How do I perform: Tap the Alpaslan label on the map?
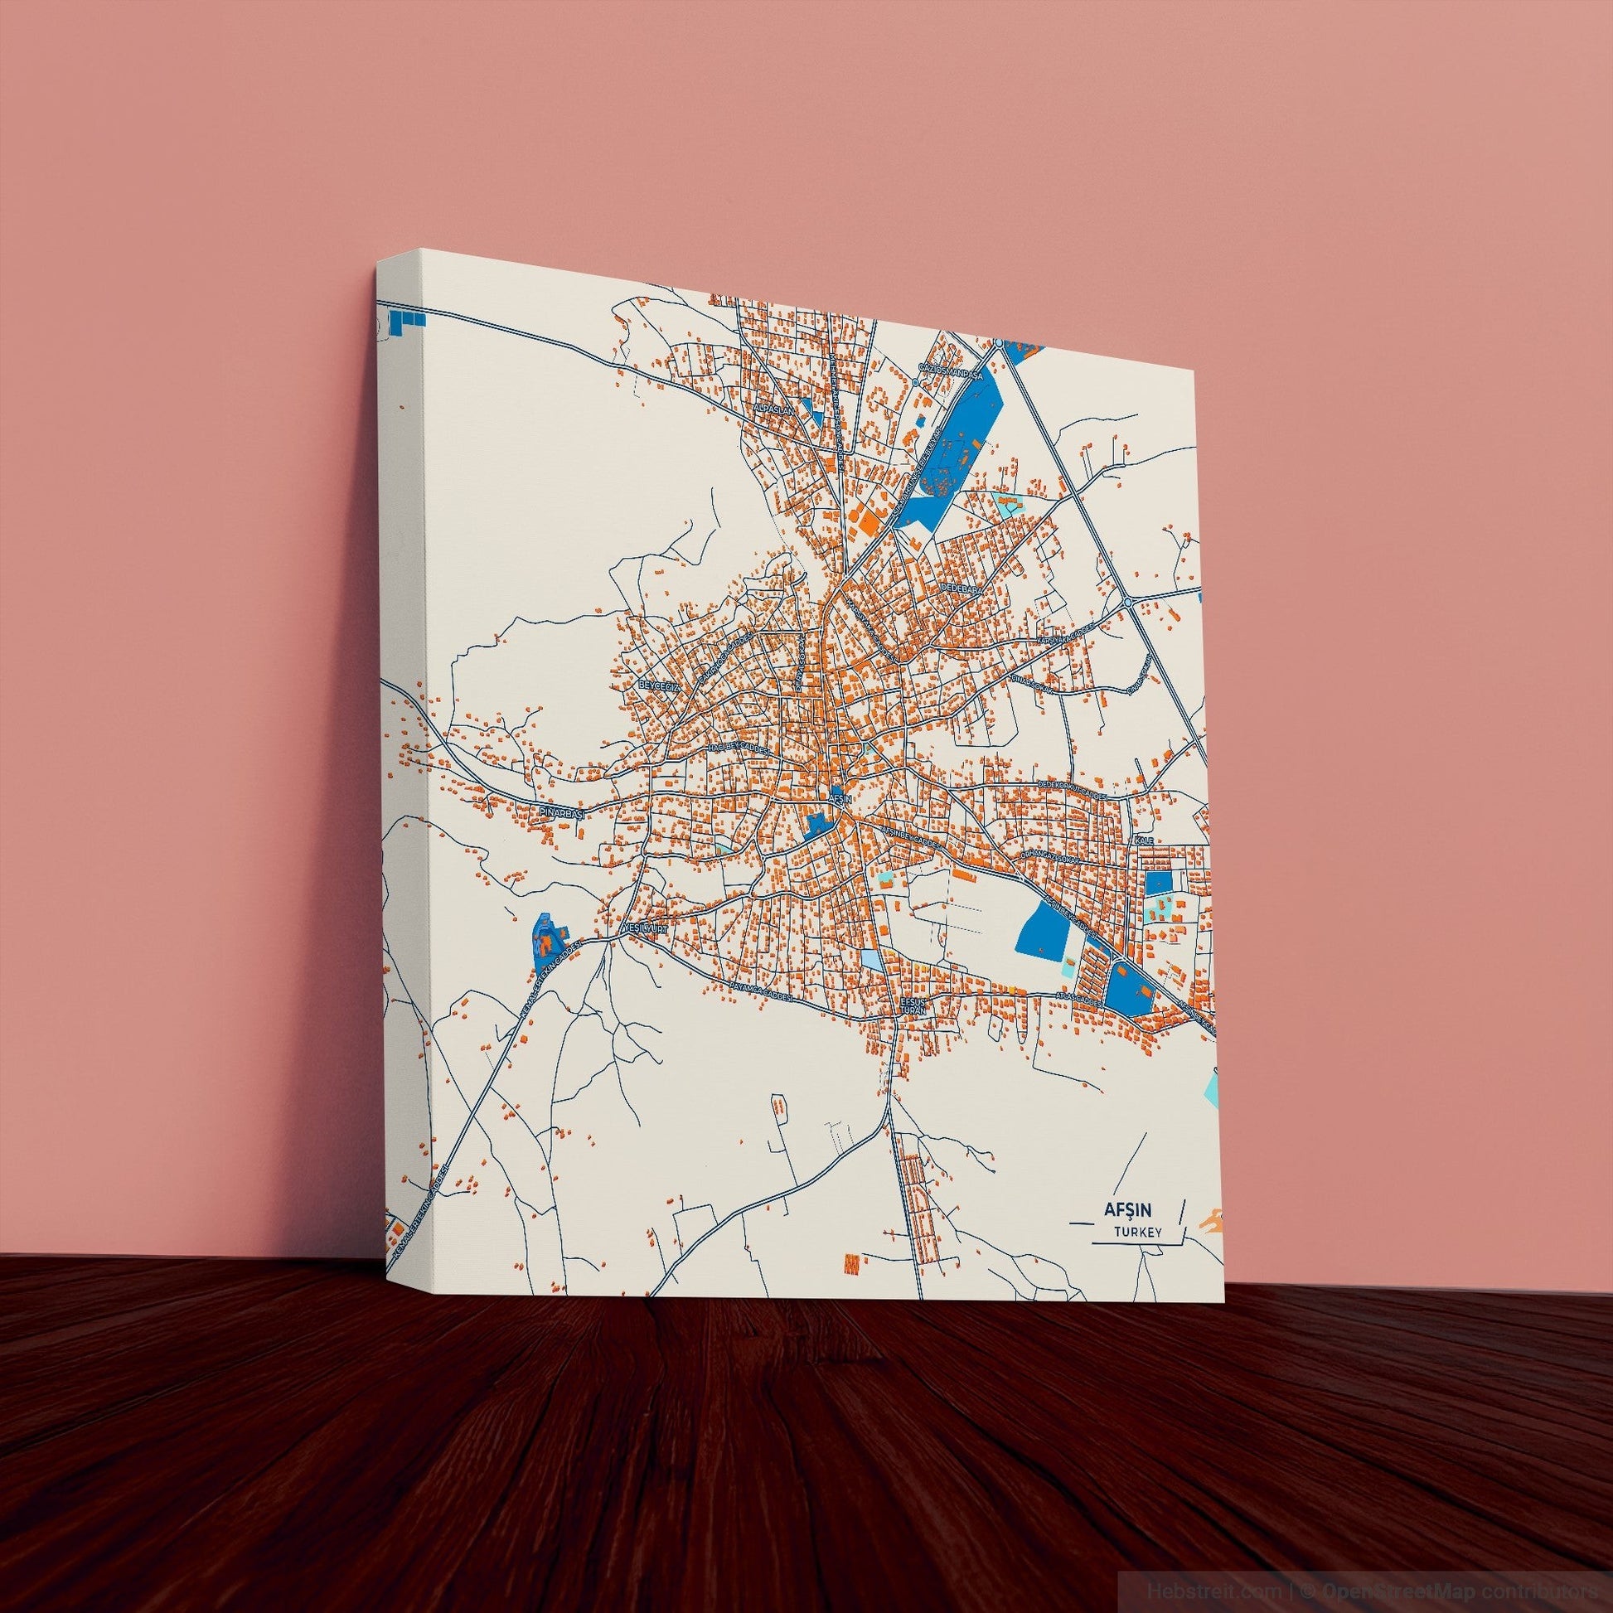click(x=767, y=411)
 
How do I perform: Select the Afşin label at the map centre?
click(x=838, y=798)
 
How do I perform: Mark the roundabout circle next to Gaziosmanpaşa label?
click(x=916, y=382)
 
